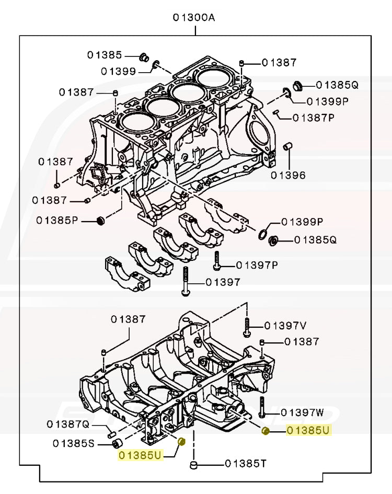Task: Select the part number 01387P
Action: coord(313,118)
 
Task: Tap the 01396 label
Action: coord(288,175)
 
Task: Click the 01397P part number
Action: coord(257,265)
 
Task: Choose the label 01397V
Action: coord(285,326)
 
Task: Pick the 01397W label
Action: coord(302,413)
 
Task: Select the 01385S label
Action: coord(73,444)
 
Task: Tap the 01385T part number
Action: coord(246,463)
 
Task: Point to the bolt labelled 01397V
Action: coord(247,326)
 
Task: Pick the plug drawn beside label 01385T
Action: coord(194,464)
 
